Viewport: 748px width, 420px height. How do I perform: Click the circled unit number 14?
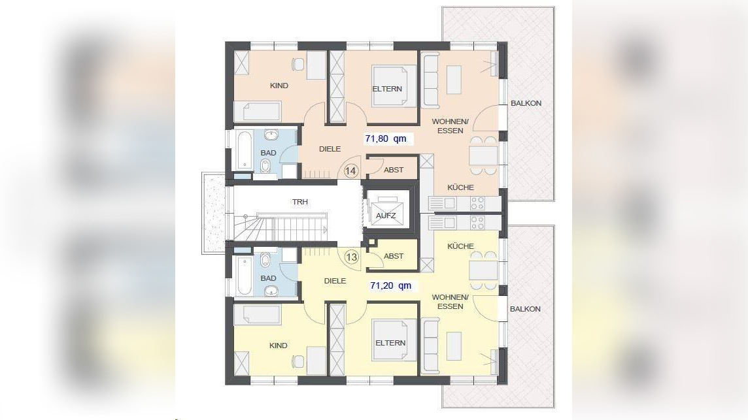pos(350,170)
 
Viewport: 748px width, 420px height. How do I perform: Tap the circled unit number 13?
pos(352,257)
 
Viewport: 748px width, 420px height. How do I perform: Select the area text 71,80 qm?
pos(386,138)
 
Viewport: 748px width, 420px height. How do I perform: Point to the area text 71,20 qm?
pos(391,285)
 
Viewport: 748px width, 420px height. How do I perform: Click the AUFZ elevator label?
pos(386,216)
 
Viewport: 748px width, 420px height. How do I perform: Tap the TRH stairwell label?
pos(300,202)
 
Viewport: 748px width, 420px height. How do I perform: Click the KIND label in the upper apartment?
pos(279,86)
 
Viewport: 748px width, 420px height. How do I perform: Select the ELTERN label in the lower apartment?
pos(390,343)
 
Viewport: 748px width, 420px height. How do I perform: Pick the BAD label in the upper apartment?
pos(268,153)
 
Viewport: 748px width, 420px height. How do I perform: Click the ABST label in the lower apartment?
pos(394,256)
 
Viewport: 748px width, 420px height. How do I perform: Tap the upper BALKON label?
pos(526,103)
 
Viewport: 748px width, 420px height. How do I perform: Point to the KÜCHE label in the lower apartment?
pos(460,246)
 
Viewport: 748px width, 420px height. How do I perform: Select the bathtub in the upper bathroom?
pos(244,150)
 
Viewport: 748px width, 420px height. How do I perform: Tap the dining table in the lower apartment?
pos(483,270)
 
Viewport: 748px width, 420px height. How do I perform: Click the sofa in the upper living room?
pos(431,80)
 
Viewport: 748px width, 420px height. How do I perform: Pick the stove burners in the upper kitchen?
pos(477,204)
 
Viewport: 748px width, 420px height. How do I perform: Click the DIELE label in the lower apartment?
pos(335,281)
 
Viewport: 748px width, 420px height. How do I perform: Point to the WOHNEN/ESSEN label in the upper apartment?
pos(450,126)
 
